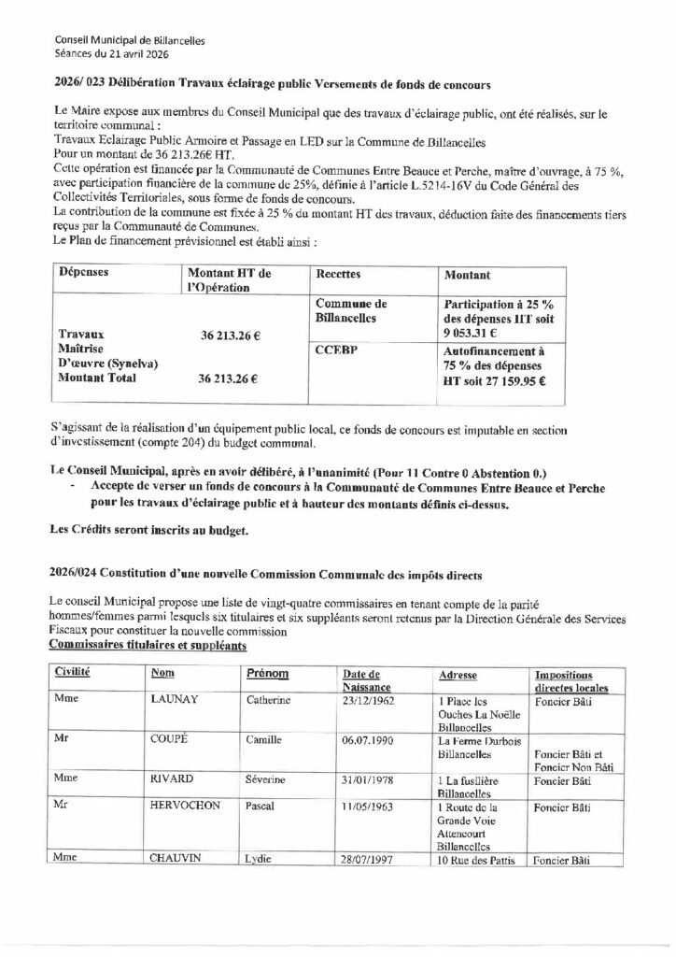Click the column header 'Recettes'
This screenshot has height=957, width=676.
coord(337,276)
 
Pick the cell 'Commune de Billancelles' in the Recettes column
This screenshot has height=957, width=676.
coord(351,311)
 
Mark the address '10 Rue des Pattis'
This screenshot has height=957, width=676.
coord(478,860)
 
